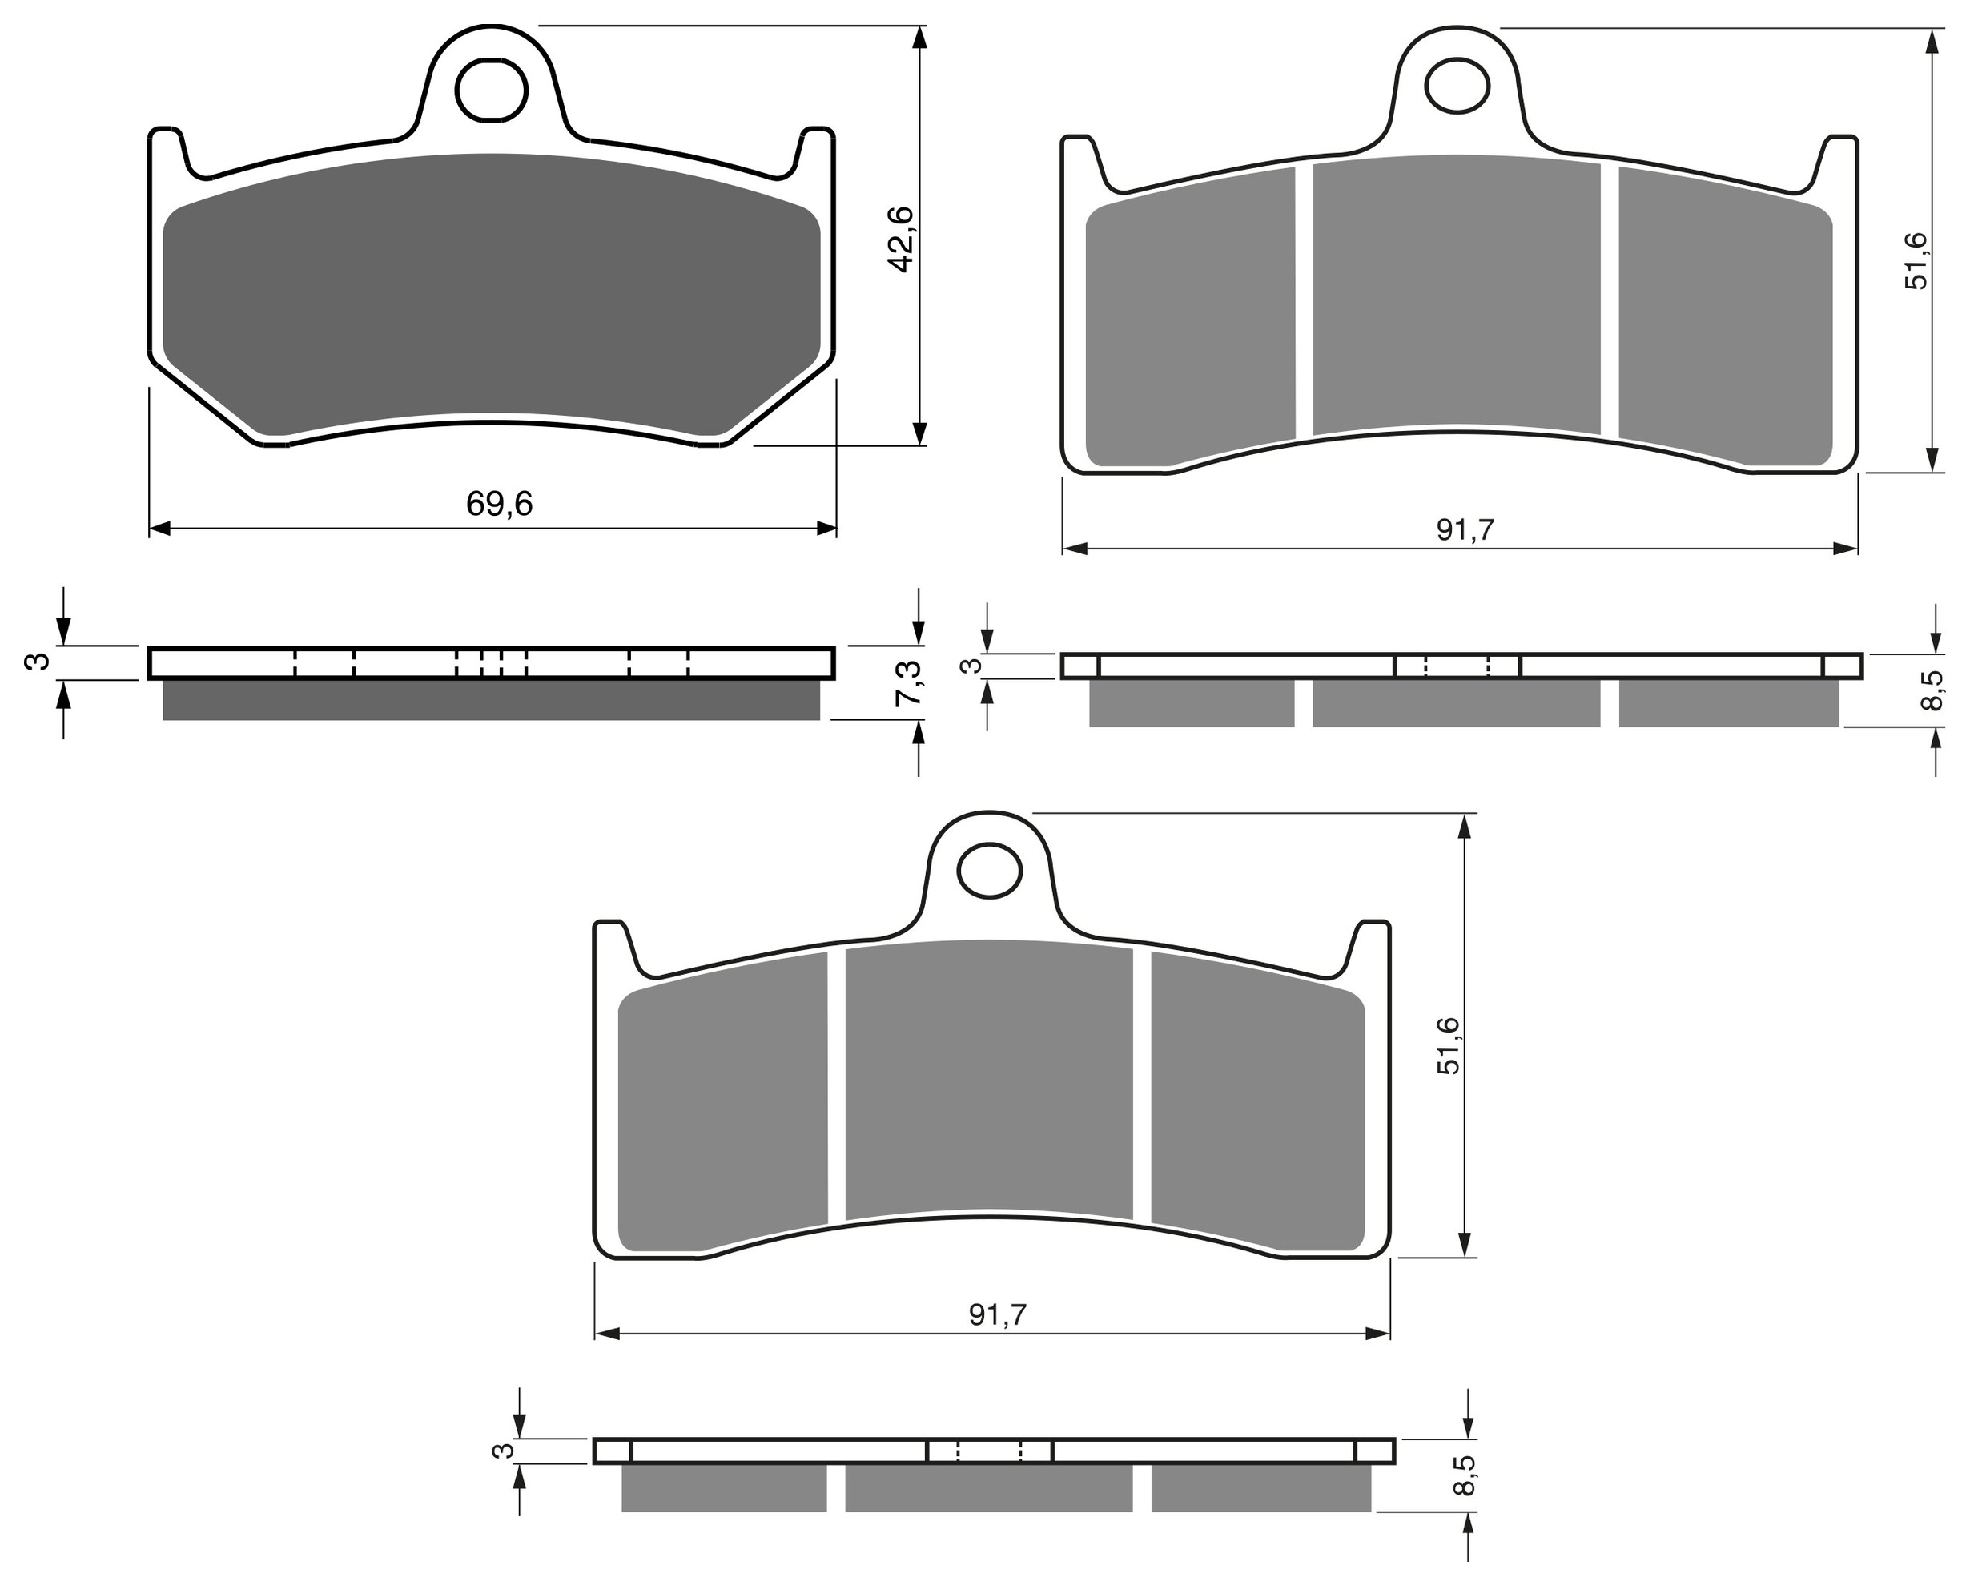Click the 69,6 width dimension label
click(499, 504)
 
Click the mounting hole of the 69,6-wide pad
click(492, 91)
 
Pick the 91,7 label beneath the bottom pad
click(998, 1314)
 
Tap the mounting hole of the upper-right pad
click(1457, 86)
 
